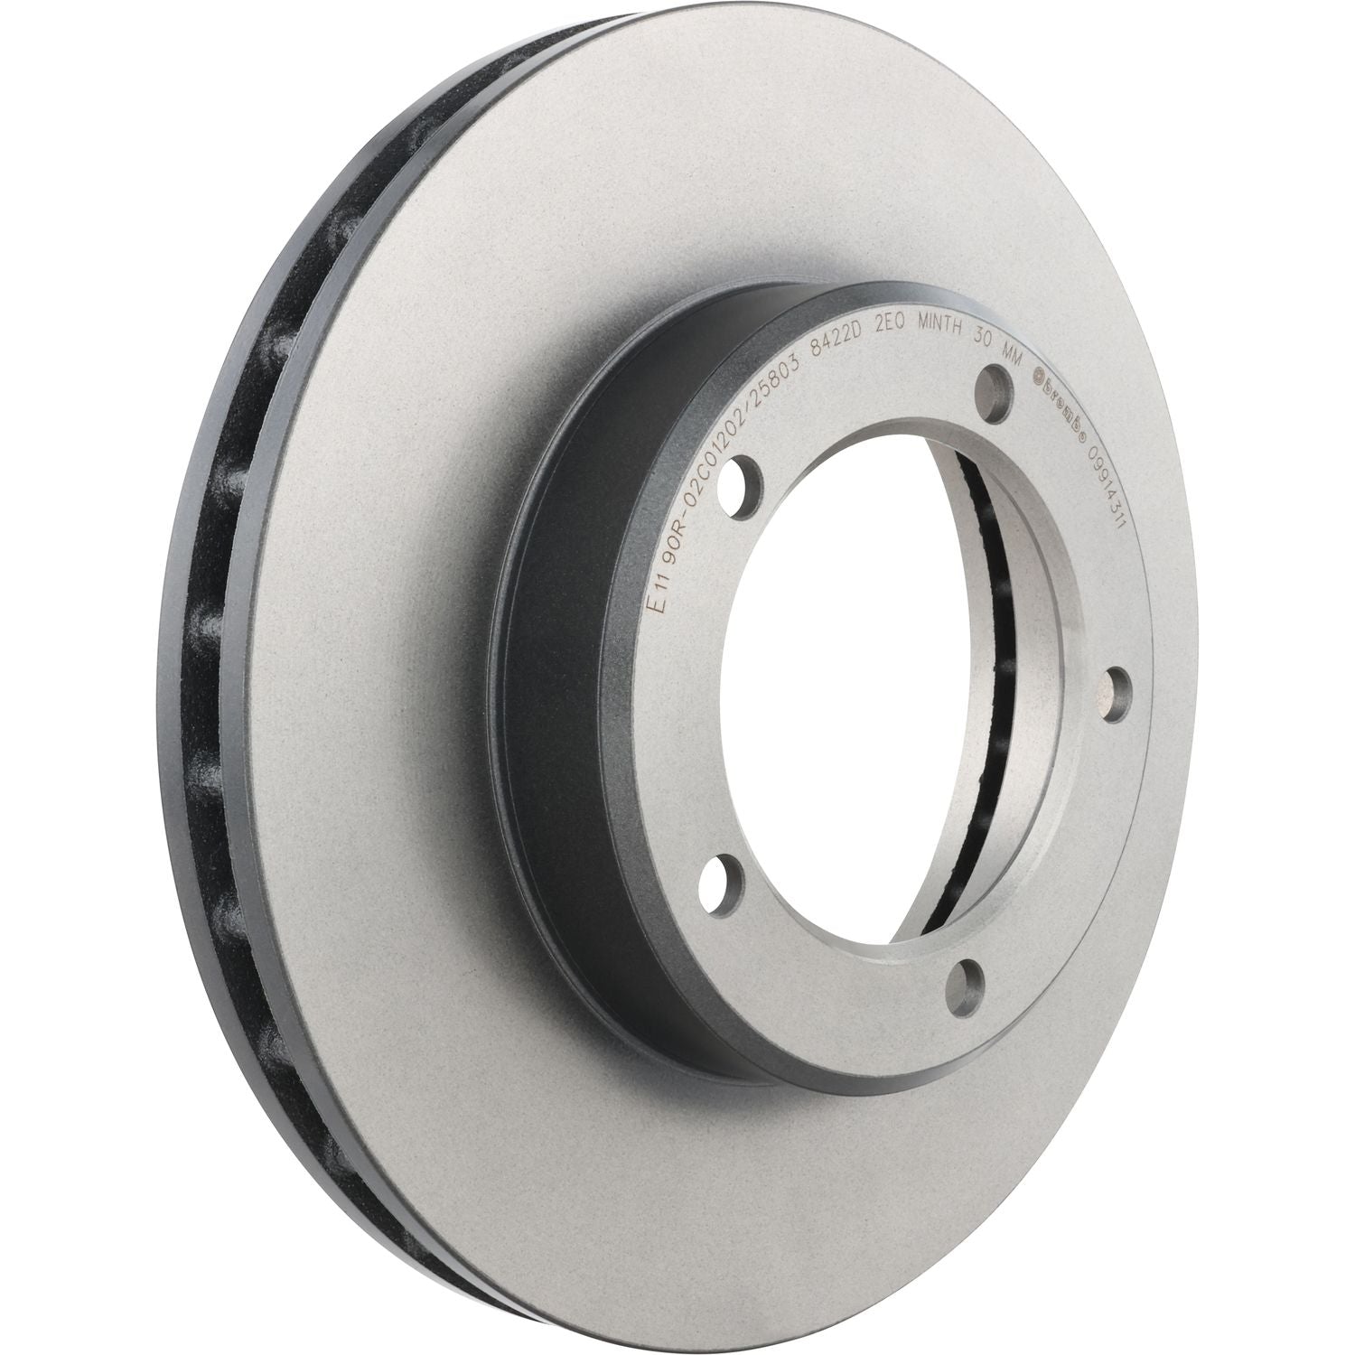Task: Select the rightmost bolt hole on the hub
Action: [1107, 690]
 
